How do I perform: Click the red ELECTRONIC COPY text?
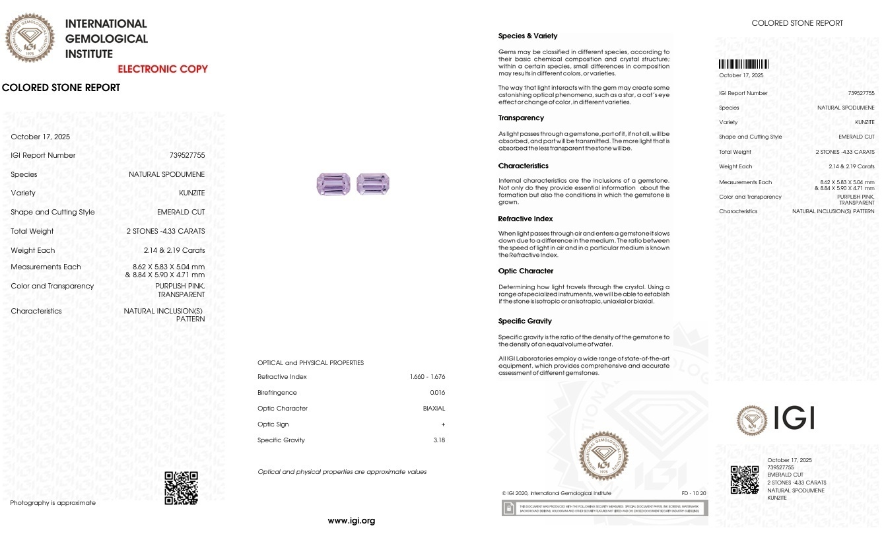pyautogui.click(x=162, y=69)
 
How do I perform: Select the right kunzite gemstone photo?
pyautogui.click(x=373, y=184)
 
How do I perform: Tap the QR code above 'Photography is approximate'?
pyautogui.click(x=181, y=488)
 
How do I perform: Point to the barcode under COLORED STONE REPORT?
pyautogui.click(x=743, y=65)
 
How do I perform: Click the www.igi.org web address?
pyautogui.click(x=351, y=521)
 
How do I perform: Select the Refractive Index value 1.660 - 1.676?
pyautogui.click(x=427, y=377)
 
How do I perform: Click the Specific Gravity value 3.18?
pyautogui.click(x=438, y=440)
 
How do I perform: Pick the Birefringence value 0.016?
pyautogui.click(x=437, y=393)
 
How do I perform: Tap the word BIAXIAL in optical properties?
pyautogui.click(x=434, y=409)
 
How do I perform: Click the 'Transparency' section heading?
pyautogui.click(x=521, y=118)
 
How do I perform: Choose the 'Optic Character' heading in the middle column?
pyautogui.click(x=526, y=271)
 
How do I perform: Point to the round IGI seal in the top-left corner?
pyautogui.click(x=30, y=38)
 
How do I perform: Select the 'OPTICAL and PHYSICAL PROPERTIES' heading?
pyautogui.click(x=310, y=363)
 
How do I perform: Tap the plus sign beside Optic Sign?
pyautogui.click(x=443, y=424)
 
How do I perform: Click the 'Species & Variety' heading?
pyautogui.click(x=527, y=36)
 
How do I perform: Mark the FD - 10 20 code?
pyautogui.click(x=693, y=493)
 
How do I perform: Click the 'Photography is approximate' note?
pyautogui.click(x=53, y=503)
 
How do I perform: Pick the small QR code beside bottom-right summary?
pyautogui.click(x=744, y=480)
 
